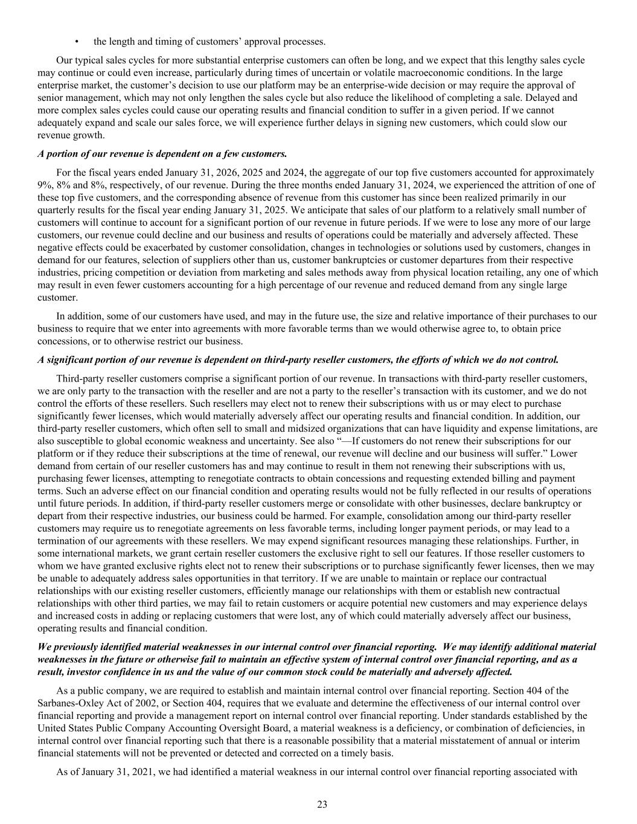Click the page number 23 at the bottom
[x=322, y=804]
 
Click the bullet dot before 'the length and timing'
[x=77, y=42]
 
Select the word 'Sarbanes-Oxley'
[x=66, y=703]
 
